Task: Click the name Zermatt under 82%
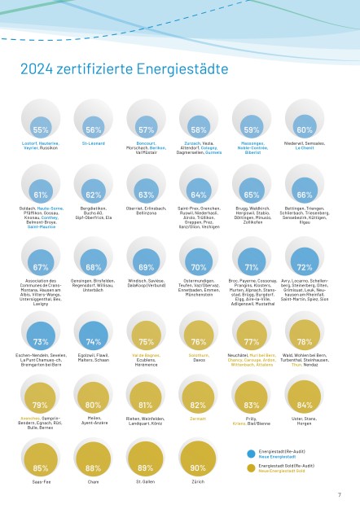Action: point(199,418)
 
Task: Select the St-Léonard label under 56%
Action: point(94,143)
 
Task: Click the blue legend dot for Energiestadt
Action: point(251,453)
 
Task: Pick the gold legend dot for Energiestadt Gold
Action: point(251,467)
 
